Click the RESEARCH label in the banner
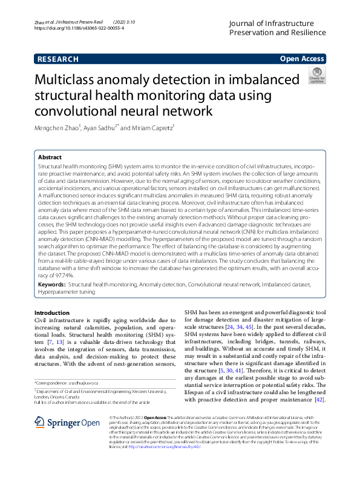(x=57, y=59)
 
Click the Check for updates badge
(x=316, y=76)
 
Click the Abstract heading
(x=51, y=156)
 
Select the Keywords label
(x=51, y=300)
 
